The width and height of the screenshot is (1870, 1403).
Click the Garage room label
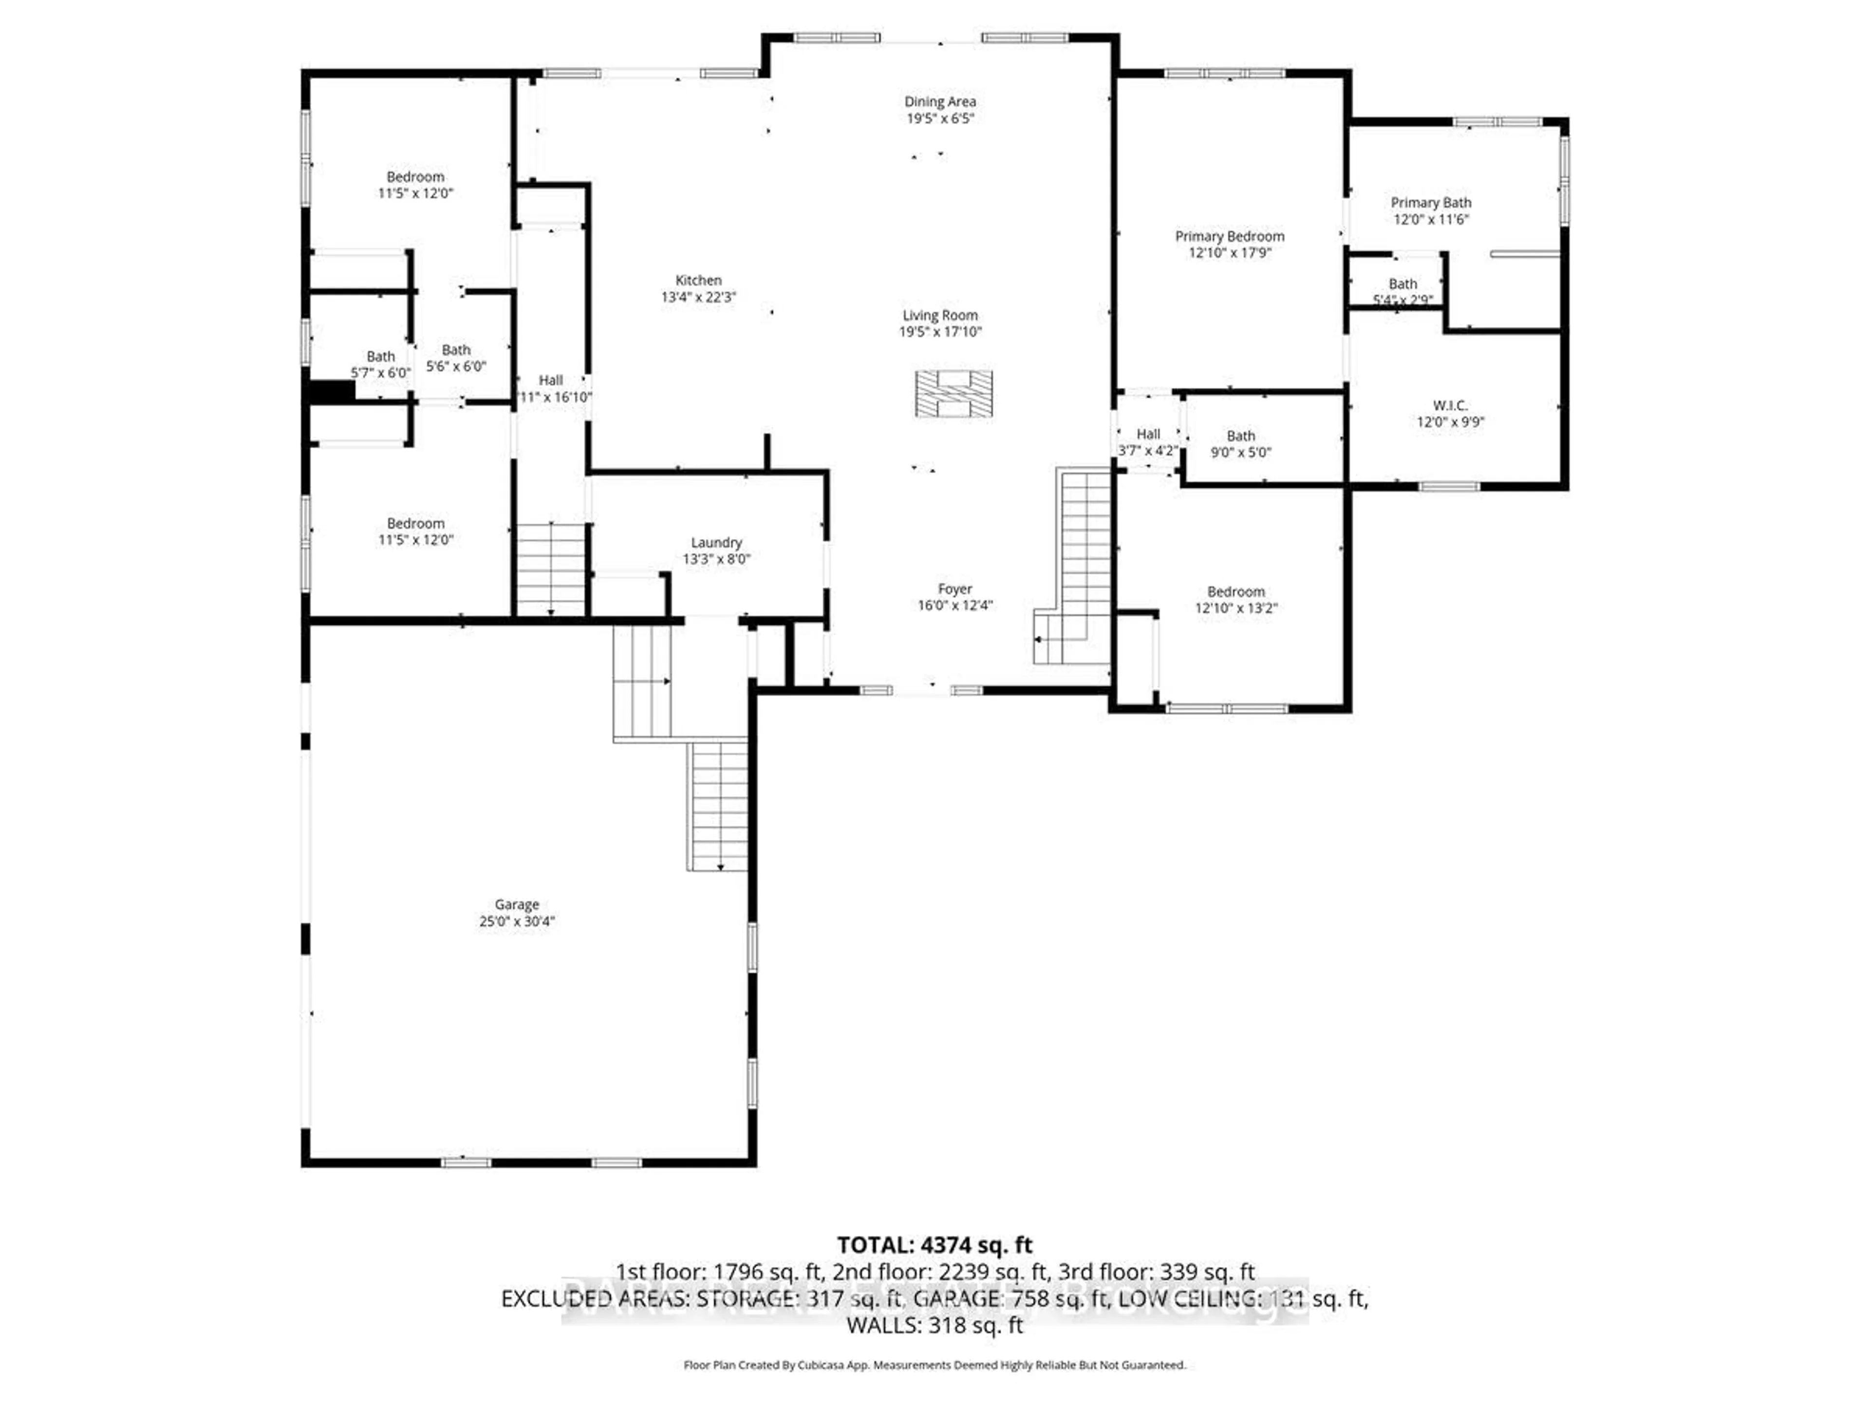pos(517,904)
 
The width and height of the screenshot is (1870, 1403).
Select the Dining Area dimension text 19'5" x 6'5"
pos(940,118)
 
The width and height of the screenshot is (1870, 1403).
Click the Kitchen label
pos(698,280)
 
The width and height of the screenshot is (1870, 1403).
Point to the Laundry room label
pos(716,542)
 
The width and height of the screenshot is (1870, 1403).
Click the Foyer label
pos(954,588)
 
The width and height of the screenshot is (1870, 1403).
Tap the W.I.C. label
pos(1450,405)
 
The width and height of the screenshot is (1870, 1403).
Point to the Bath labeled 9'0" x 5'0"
pos(1240,443)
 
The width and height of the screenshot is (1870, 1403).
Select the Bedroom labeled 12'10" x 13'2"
pos(1235,600)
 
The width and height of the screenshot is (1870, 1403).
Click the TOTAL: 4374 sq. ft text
pos(934,1245)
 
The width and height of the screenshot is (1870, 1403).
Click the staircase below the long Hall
pos(550,569)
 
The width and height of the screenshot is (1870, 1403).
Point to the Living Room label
pos(939,316)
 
